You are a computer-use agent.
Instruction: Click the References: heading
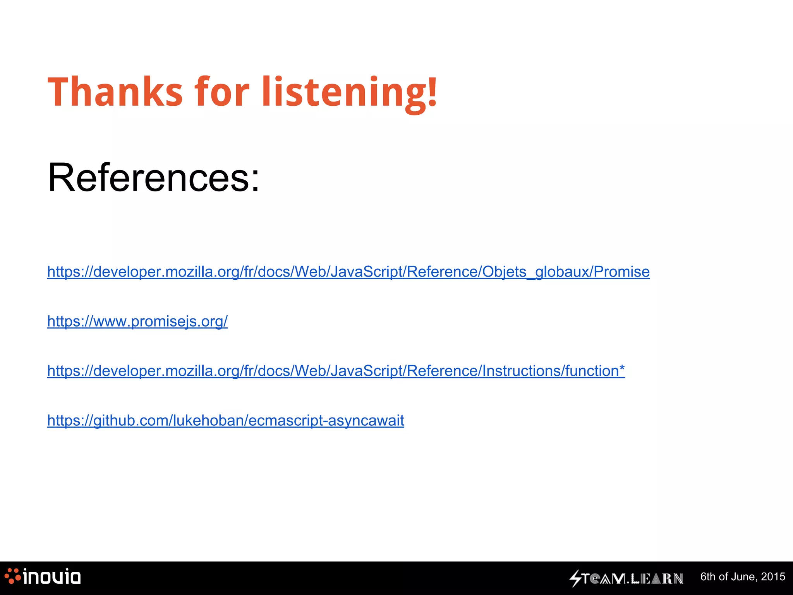(153, 177)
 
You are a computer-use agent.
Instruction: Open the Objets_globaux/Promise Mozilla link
(348, 272)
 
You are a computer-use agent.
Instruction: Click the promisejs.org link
(137, 321)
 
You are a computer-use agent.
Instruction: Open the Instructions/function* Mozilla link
(336, 371)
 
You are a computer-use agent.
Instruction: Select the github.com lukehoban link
(225, 420)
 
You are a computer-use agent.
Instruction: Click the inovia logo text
(52, 577)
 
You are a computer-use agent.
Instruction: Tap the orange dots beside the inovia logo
(12, 576)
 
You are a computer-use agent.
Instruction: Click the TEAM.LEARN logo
(627, 578)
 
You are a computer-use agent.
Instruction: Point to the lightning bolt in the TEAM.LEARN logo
(575, 578)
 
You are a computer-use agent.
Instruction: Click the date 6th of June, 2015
(743, 577)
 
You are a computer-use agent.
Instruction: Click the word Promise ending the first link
(621, 272)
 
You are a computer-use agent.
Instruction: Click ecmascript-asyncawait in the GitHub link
(326, 420)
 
